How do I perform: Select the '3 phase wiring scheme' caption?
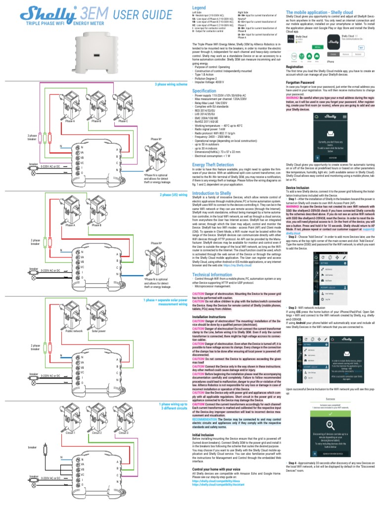tap(171, 84)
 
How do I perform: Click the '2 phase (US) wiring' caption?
tap(173, 195)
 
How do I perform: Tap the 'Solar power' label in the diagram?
tap(99, 332)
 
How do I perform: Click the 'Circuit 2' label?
tap(97, 433)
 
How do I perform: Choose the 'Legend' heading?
tap(198, 8)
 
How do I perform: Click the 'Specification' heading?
tap(204, 91)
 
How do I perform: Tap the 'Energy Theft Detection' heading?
tap(213, 165)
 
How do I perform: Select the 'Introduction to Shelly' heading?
tap(211, 193)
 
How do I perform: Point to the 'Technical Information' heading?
tap(212, 274)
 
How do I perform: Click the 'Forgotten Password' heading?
tap(301, 82)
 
